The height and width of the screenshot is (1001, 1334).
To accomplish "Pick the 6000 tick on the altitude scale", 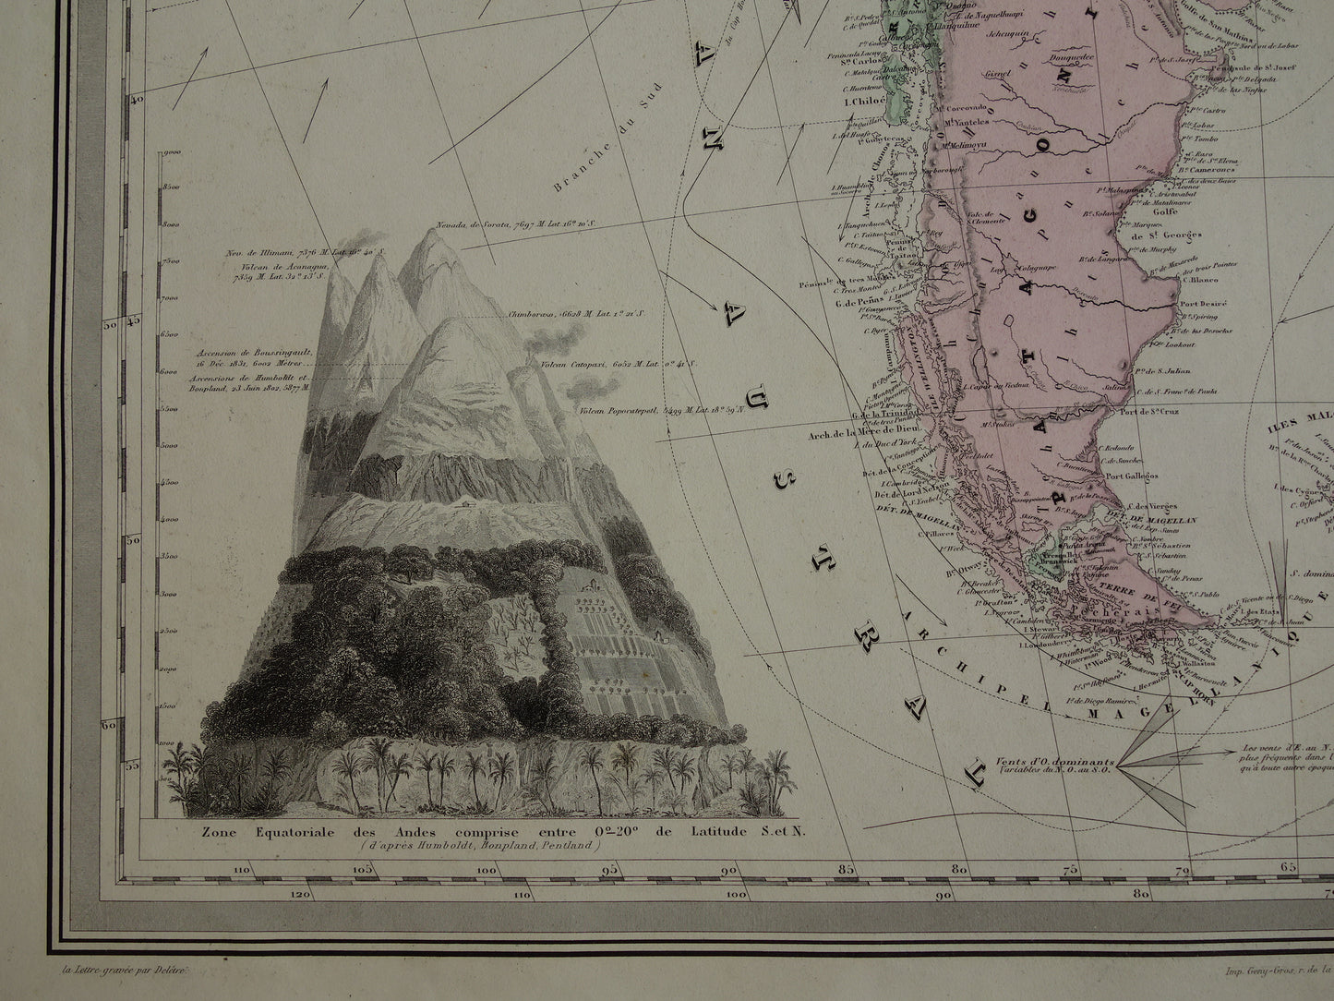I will click(167, 371).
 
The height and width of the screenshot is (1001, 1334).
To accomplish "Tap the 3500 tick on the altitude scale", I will click(167, 557).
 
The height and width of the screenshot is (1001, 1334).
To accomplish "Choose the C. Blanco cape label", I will click(1195, 280).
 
